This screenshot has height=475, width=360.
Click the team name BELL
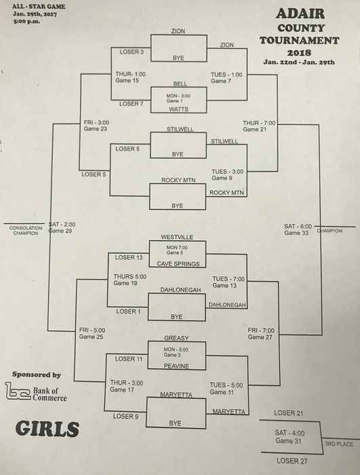(180, 83)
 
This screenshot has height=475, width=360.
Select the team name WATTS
(178, 109)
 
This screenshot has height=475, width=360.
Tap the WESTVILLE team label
(177, 237)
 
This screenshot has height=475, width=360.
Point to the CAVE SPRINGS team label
(178, 264)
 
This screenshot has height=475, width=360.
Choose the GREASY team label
(176, 338)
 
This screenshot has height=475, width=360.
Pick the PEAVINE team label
(176, 366)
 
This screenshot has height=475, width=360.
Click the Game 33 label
(296, 233)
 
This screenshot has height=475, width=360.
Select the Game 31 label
(289, 441)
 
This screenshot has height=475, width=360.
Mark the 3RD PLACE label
(339, 444)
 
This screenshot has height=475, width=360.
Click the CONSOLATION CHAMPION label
(26, 231)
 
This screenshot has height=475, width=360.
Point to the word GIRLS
(47, 429)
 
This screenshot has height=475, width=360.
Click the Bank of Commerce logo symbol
(18, 391)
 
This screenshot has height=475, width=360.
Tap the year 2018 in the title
(299, 53)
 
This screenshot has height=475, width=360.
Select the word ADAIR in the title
(300, 14)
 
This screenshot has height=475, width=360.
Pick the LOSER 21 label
(289, 413)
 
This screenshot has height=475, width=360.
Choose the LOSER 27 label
(292, 461)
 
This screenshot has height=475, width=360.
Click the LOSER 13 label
(129, 257)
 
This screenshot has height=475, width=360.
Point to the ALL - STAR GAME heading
(39, 6)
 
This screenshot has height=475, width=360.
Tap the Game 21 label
(255, 130)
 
